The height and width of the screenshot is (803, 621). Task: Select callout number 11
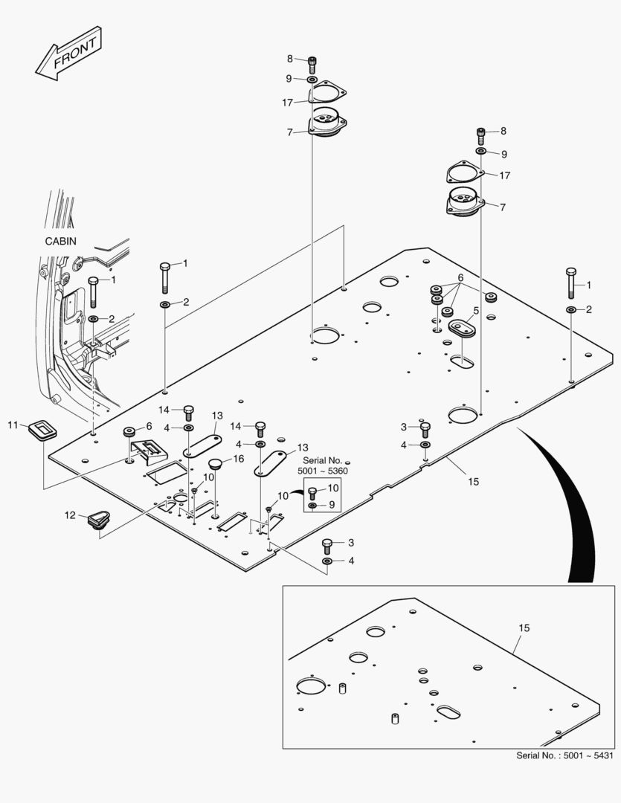tap(13, 425)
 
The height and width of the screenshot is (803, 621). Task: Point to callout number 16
tap(239, 459)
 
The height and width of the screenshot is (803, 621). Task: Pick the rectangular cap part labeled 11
tap(42, 430)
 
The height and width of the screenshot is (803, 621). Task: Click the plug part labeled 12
tap(98, 522)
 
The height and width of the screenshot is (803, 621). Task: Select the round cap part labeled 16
tap(216, 465)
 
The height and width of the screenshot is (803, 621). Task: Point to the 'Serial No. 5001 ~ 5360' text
tap(322, 465)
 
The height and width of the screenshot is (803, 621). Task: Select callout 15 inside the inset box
tap(524, 628)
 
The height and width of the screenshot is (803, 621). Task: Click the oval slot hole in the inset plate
tap(450, 712)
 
